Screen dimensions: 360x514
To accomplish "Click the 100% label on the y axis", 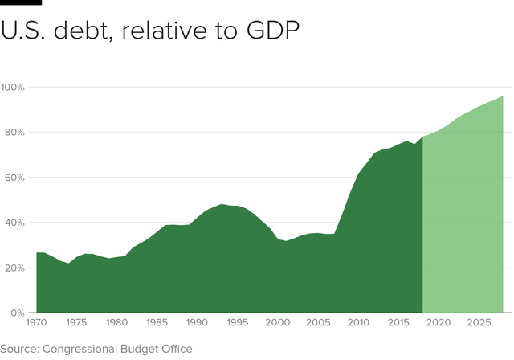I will click(14, 87).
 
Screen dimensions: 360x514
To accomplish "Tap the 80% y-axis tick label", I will click(16, 132).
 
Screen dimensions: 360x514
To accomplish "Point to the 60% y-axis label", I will click(16, 177).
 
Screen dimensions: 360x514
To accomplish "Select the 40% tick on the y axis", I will click(16, 223).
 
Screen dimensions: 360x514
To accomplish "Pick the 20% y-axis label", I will click(16, 268).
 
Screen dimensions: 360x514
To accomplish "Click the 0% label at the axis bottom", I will click(18, 313).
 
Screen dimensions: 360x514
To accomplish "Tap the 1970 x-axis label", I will click(37, 323).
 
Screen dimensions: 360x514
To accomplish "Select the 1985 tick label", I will click(157, 323).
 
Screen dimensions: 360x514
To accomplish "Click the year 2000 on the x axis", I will click(277, 323).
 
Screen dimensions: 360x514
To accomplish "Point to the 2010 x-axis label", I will click(357, 323).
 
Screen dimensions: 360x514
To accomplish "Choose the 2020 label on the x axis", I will click(438, 323).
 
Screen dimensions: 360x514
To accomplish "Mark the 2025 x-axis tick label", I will click(479, 323).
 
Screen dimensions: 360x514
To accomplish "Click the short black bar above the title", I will click(21, 2).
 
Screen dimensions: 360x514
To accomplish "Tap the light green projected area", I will click(466, 225).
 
